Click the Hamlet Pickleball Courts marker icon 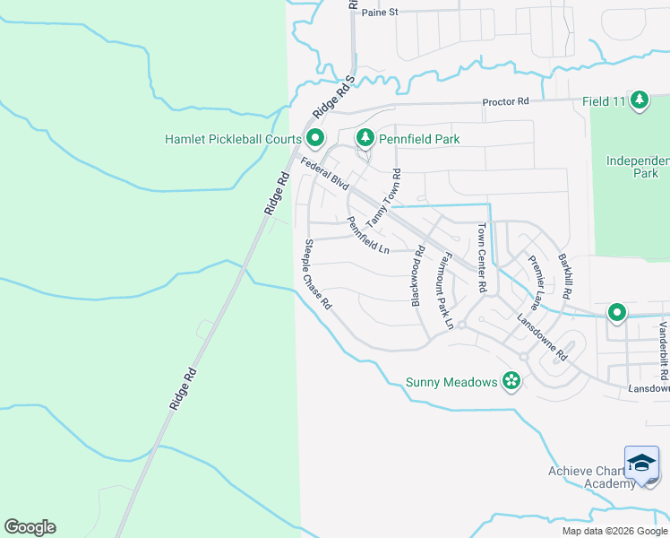coord(315,138)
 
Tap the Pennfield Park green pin coord(365,138)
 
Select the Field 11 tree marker coord(639,100)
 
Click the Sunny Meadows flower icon coord(511,382)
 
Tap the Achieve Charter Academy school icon coord(641,464)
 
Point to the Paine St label coord(379,13)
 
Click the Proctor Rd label coord(506,102)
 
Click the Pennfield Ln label coord(368,235)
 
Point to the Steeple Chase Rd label coord(318,274)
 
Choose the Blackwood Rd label coord(417,278)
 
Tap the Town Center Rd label coord(481,258)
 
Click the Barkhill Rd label coord(565,276)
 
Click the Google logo coord(30,527)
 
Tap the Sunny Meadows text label coord(451,382)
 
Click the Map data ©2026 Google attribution coord(614,531)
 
